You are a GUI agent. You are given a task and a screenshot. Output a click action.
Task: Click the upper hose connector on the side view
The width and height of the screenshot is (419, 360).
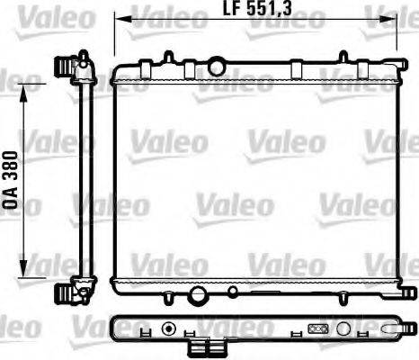(x=66, y=67)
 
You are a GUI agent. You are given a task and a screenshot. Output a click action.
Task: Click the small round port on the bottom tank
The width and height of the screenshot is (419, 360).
(x=233, y=292)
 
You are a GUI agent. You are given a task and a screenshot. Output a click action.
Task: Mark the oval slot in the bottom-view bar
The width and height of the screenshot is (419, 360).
(x=316, y=329)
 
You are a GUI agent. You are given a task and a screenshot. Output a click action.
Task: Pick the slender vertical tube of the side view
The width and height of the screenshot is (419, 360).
(x=80, y=180)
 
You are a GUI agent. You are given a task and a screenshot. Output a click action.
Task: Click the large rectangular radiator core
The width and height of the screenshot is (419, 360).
(x=255, y=180)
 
